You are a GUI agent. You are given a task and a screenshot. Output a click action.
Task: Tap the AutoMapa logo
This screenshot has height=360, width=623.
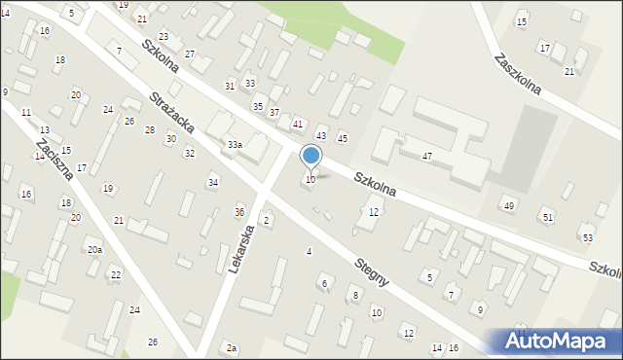(554, 341)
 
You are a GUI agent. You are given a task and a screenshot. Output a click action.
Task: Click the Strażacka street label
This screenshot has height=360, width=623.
(172, 114)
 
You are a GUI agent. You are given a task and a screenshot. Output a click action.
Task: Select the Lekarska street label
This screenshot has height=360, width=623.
(241, 248)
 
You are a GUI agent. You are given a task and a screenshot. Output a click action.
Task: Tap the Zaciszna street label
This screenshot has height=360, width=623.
(53, 159)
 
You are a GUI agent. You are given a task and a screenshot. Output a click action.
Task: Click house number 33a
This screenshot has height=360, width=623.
(235, 144)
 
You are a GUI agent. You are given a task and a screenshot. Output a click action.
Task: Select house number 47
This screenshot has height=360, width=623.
(426, 156)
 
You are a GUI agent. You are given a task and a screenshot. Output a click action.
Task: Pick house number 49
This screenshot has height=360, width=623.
(508, 205)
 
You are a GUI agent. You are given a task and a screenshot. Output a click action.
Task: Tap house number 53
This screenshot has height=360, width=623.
(587, 237)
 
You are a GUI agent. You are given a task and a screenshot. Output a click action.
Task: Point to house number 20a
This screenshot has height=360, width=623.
(94, 250)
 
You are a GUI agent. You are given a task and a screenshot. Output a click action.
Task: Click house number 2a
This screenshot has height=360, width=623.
(232, 347)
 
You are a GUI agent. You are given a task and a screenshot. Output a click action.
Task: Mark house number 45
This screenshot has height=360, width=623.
(342, 138)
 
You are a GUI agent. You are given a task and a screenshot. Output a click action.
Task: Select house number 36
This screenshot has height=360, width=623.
(239, 212)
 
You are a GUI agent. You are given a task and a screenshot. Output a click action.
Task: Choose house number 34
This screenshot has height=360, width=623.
(213, 182)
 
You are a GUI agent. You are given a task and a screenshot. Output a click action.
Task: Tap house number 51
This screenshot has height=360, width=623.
(548, 216)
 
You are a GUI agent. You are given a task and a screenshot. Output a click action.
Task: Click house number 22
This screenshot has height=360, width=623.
(115, 274)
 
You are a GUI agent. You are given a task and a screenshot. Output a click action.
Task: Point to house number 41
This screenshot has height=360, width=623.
(298, 124)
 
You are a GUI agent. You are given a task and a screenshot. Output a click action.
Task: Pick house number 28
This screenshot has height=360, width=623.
(149, 129)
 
